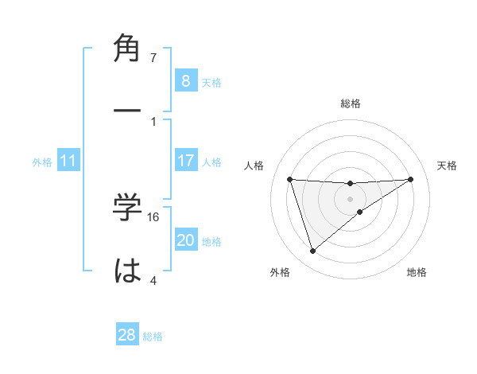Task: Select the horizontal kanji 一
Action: pyautogui.click(x=128, y=113)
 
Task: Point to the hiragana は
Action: pyautogui.click(x=128, y=271)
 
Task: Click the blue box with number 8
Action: pyautogui.click(x=185, y=81)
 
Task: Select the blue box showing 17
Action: pyautogui.click(x=185, y=161)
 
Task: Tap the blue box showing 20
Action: pyautogui.click(x=185, y=240)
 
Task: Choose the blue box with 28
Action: pyautogui.click(x=127, y=335)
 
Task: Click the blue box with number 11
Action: pyautogui.click(x=68, y=161)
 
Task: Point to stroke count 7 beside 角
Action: pyautogui.click(x=153, y=57)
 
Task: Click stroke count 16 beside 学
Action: pyautogui.click(x=154, y=216)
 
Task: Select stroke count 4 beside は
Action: pyautogui.click(x=153, y=280)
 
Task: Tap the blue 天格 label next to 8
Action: pyautogui.click(x=211, y=83)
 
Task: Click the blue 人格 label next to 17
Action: pyautogui.click(x=211, y=162)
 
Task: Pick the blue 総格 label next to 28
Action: pyautogui.click(x=153, y=337)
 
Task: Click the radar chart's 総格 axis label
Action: pyautogui.click(x=351, y=103)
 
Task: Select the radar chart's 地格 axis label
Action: pyautogui.click(x=417, y=272)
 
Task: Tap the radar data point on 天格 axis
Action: pyautogui.click(x=411, y=179)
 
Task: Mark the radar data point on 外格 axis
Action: pyautogui.click(x=312, y=251)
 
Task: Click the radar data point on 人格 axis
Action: pyautogui.click(x=290, y=179)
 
